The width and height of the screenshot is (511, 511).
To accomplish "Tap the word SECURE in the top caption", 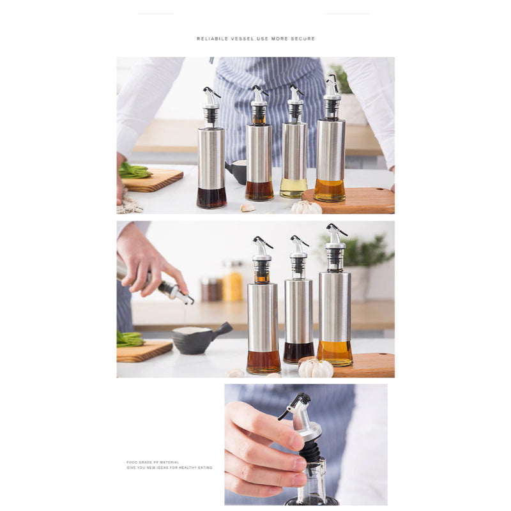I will pyautogui.click(x=304, y=39).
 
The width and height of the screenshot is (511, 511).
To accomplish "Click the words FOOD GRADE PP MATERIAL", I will pyautogui.click(x=153, y=462).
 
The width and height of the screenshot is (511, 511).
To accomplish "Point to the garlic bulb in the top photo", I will pyautogui.click(x=307, y=207).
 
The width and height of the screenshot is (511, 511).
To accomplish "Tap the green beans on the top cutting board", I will pyautogui.click(x=134, y=171).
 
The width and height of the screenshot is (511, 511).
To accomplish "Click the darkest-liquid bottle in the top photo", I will pyautogui.click(x=211, y=166).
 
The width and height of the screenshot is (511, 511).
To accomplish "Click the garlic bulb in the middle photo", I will pyautogui.click(x=317, y=369).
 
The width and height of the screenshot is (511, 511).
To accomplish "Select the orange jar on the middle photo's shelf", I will pyautogui.click(x=233, y=285).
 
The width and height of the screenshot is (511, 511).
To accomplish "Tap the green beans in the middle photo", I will pyautogui.click(x=129, y=339).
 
